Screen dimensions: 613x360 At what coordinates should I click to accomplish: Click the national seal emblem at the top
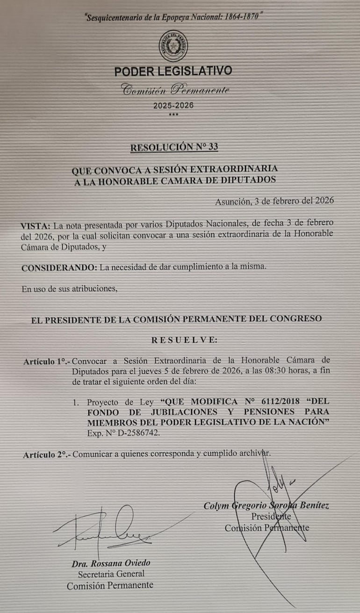[173, 46]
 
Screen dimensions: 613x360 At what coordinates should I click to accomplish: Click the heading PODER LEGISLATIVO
[173, 72]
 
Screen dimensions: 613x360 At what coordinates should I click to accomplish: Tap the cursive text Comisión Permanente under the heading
[175, 90]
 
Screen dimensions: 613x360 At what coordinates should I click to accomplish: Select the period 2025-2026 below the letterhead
[173, 106]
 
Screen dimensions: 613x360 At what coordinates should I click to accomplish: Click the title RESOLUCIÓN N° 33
[174, 147]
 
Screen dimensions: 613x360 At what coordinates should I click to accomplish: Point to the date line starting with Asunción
[274, 202]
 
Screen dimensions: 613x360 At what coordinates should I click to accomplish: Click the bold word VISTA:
[37, 224]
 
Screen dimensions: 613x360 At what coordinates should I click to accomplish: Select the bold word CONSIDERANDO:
[59, 267]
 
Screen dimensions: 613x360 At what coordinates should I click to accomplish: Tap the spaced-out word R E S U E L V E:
[184, 340]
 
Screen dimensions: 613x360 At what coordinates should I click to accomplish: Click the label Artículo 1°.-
[47, 361]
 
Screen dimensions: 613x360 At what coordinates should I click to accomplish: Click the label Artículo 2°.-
[47, 454]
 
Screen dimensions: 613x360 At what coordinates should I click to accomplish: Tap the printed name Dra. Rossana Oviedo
[111, 563]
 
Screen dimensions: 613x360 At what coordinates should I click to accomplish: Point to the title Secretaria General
[111, 574]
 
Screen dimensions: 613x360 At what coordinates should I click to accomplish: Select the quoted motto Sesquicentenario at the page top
[173, 18]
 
